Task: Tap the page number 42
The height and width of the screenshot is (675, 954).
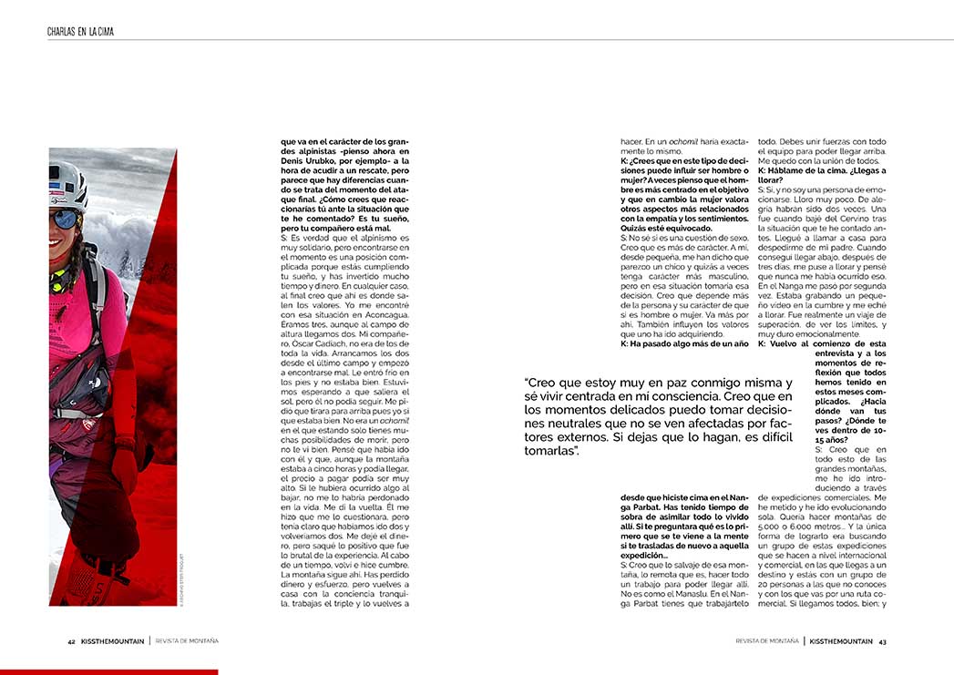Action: coord(71,641)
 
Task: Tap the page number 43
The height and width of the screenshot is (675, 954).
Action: coord(883,641)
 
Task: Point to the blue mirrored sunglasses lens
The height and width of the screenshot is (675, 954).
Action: coord(63,219)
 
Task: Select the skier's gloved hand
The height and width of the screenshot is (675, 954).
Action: coord(124,467)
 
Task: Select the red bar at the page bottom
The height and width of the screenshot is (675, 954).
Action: coord(108,671)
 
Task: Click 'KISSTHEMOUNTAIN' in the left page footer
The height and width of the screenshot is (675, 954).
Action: coord(112,641)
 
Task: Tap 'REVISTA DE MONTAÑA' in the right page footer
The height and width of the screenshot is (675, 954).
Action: coord(767,641)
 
